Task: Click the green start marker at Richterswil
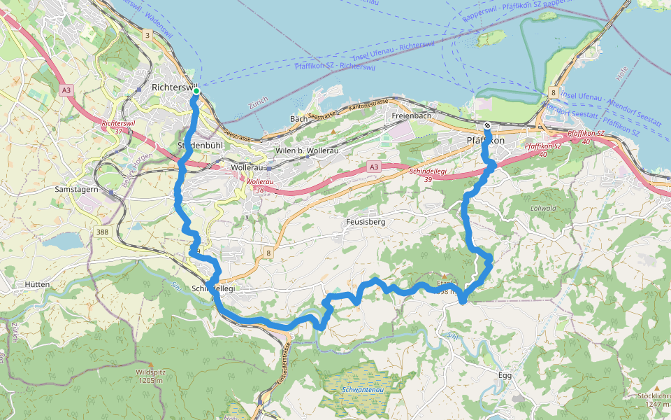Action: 196,91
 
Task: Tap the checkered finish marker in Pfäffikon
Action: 487,126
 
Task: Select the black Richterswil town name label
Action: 172,87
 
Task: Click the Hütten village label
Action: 36,285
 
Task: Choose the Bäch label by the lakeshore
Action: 298,119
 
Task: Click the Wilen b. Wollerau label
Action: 304,150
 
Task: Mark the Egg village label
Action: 505,375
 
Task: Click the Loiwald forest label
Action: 542,208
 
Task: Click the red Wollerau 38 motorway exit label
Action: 259,185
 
